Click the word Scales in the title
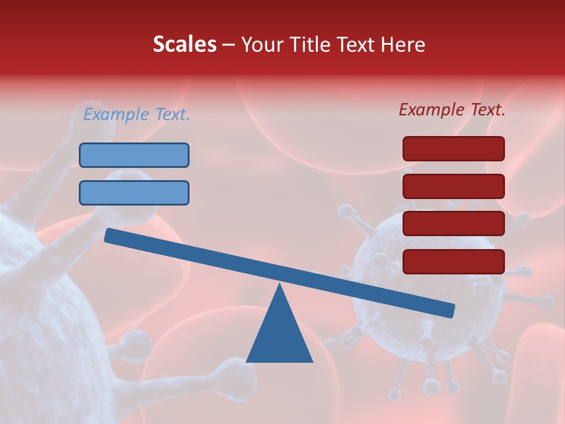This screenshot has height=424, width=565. pyautogui.click(x=184, y=44)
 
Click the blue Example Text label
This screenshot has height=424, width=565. pyautogui.click(x=137, y=114)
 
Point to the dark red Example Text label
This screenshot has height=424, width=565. pyautogui.click(x=452, y=110)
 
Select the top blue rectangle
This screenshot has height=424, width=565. pyautogui.click(x=134, y=155)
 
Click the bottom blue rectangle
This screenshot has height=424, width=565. pyautogui.click(x=134, y=193)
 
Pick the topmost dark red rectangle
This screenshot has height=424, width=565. pyautogui.click(x=453, y=148)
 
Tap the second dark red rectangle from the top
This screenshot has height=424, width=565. pyautogui.click(x=453, y=186)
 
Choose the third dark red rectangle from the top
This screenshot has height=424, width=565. pyautogui.click(x=453, y=224)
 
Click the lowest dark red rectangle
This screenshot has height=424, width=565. pyautogui.click(x=453, y=261)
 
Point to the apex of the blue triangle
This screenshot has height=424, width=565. pyautogui.click(x=280, y=286)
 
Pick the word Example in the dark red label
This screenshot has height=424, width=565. pyautogui.click(x=432, y=110)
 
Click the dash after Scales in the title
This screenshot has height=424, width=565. pyautogui.click(x=228, y=45)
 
